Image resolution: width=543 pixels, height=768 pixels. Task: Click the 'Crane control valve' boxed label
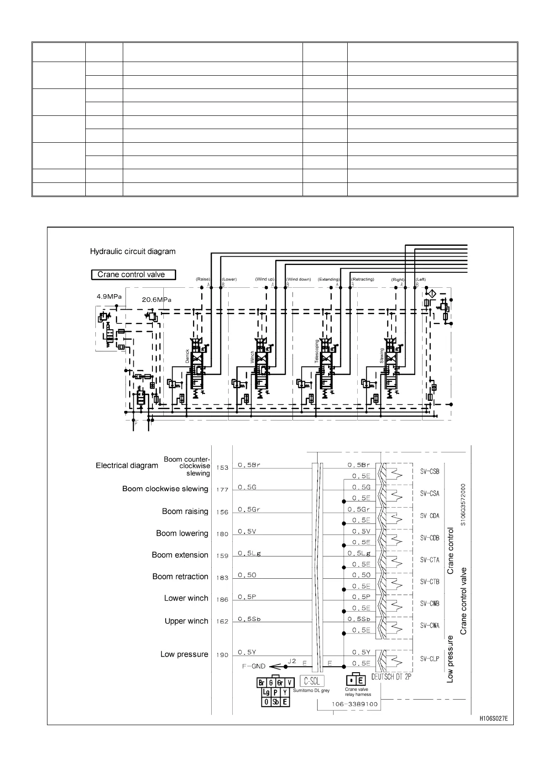coord(133,275)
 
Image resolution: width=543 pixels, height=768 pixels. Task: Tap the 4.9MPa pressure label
coord(109,296)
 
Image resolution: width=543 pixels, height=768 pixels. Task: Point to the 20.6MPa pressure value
coord(157,300)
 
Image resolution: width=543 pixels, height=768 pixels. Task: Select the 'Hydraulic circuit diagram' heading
coord(132,251)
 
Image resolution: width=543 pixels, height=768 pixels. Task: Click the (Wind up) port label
coord(265,279)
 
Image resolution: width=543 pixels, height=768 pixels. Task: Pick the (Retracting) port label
coord(362,279)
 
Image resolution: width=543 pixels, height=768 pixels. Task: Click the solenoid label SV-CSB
coord(429,472)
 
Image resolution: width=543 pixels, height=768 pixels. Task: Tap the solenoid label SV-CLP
coord(429,659)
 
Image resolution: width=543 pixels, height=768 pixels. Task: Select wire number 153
coord(222,468)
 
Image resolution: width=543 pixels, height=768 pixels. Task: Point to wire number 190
coord(222,655)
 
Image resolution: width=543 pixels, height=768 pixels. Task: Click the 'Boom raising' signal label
coord(185,511)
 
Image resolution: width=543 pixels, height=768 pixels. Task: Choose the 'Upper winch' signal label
coord(186,621)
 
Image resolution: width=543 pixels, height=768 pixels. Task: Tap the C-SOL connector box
coord(312,681)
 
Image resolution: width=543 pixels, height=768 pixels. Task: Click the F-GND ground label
coord(253,666)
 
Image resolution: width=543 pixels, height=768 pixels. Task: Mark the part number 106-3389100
coord(355,704)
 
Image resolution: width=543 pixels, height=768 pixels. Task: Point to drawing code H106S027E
coord(493,719)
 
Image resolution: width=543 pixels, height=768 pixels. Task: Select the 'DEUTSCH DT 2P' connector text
coord(391,677)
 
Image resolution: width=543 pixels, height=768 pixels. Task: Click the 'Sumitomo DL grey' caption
coord(311,690)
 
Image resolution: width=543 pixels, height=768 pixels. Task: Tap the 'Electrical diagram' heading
coord(127,465)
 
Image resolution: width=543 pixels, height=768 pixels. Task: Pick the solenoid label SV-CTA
coord(429,560)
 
